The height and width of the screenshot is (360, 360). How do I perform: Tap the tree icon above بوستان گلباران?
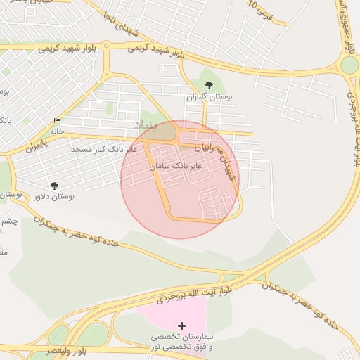(x=207, y=85)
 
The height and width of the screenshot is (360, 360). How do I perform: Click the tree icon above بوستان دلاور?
(x=55, y=186)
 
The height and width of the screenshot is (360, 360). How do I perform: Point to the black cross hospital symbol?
(x=182, y=326)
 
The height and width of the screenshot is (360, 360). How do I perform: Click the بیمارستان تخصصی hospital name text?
(x=182, y=337)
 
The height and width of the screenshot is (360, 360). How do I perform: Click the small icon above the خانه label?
(x=57, y=121)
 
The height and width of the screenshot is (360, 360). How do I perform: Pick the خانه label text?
(x=57, y=131)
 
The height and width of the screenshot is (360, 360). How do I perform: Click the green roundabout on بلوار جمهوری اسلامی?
(x=349, y=66)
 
